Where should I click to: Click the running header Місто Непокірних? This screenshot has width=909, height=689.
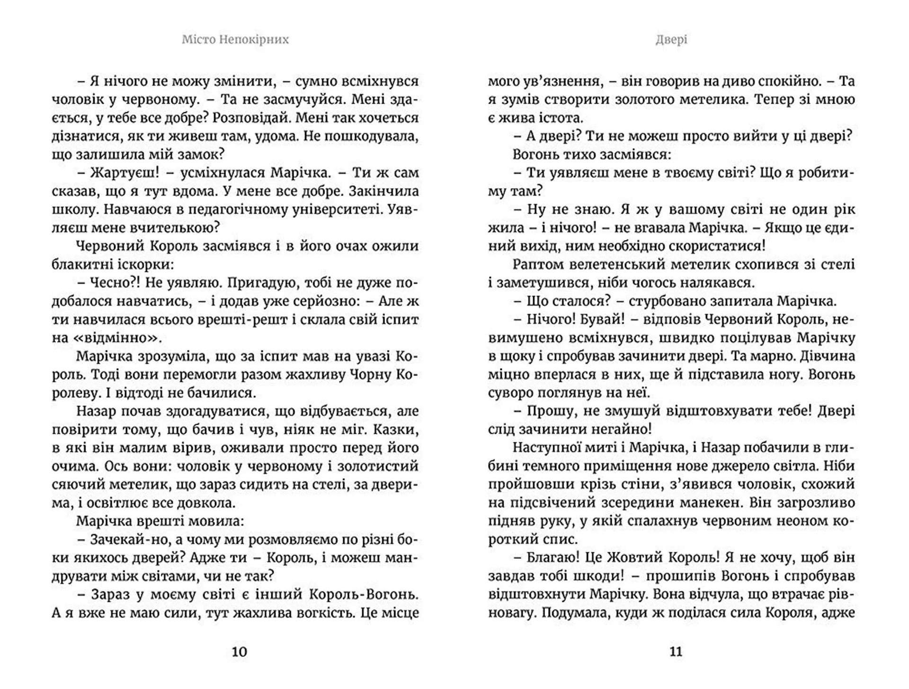[235, 40]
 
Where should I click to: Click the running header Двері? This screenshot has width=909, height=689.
[671, 40]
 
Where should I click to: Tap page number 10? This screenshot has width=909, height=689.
[239, 652]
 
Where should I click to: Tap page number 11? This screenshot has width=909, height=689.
[676, 652]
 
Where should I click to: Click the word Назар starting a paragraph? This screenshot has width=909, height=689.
[96, 411]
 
